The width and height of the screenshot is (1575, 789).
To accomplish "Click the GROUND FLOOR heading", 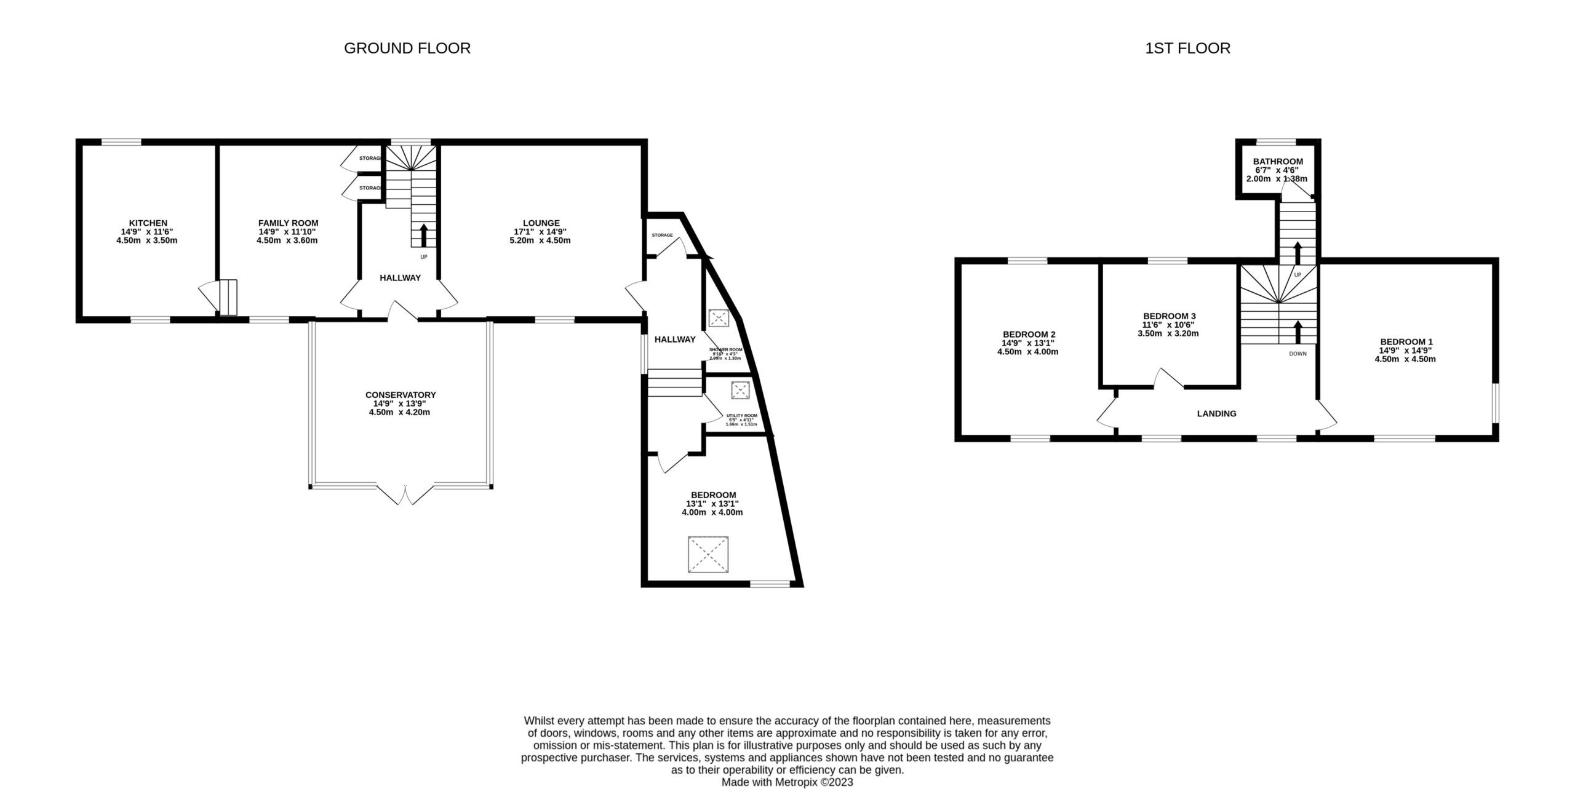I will click(x=407, y=48).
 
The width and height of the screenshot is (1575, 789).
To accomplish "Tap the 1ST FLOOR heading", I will click(x=1187, y=48).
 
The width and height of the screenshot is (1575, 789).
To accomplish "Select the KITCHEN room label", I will click(x=148, y=223).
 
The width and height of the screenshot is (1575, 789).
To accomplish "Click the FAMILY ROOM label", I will click(x=288, y=223).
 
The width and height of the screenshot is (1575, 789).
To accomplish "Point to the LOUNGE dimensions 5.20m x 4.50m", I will click(x=541, y=240).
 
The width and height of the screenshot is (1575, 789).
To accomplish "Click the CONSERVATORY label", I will click(x=400, y=395).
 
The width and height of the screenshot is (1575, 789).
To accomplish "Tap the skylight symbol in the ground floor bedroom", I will click(x=709, y=555).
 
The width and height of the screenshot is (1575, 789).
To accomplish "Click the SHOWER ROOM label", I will click(x=725, y=349).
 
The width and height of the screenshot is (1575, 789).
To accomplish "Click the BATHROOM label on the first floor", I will click(x=1277, y=162).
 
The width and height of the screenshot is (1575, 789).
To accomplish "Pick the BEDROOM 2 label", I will click(x=1029, y=335).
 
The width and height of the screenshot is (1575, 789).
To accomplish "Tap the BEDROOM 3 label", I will click(x=1168, y=316).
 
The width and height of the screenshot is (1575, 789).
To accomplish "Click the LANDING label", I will click(x=1216, y=414).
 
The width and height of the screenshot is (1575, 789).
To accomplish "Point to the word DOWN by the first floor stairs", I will click(x=1298, y=354).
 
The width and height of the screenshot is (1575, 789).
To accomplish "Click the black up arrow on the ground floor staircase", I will click(x=423, y=235).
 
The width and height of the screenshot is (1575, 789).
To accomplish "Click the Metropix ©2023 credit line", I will click(x=787, y=782).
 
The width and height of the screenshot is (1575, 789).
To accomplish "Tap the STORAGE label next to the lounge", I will click(x=662, y=235).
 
